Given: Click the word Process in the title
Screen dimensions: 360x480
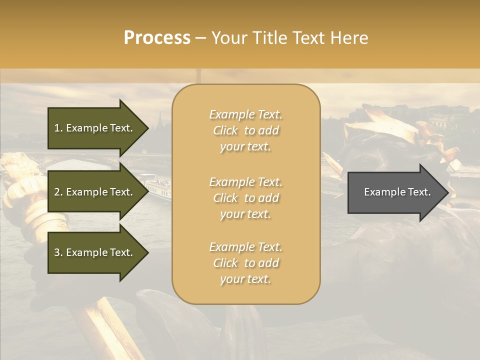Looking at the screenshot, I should click(x=157, y=38).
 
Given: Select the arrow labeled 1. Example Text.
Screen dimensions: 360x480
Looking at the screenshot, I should click(x=93, y=128).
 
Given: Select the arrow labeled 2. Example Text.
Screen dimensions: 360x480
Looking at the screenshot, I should click(x=93, y=192).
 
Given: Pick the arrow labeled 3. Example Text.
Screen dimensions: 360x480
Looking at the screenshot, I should click(x=93, y=252).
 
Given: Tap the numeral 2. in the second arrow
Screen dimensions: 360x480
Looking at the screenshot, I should click(x=58, y=192).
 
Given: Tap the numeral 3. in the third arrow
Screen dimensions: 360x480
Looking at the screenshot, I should click(x=58, y=252).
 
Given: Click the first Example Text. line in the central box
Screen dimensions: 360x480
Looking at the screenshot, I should click(x=245, y=114).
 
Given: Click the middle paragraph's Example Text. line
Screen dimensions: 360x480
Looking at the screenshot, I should click(x=245, y=182).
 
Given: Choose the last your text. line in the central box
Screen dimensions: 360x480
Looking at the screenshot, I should click(x=245, y=279).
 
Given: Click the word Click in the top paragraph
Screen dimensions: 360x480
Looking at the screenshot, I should click(x=225, y=130).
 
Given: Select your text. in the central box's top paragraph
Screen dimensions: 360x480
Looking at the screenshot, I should click(x=245, y=147).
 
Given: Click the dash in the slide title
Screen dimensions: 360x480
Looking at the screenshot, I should click(x=200, y=38).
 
